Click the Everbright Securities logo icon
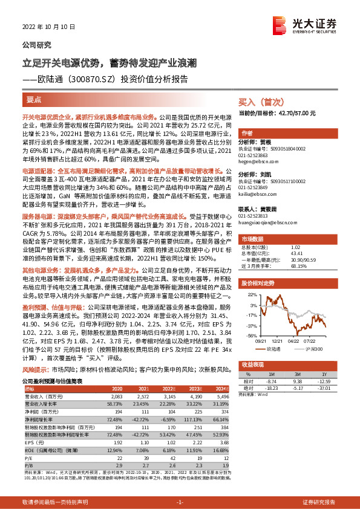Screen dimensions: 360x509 point(280,25)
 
